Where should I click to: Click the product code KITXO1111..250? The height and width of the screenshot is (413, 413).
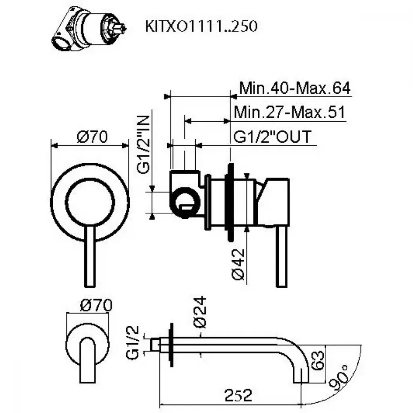click(x=201, y=26)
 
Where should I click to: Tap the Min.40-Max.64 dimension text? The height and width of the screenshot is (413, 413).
click(x=295, y=88)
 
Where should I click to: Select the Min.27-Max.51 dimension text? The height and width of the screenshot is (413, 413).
click(x=290, y=112)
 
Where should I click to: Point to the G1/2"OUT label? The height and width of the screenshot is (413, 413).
click(x=272, y=136)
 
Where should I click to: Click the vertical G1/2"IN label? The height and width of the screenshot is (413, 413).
click(x=144, y=144)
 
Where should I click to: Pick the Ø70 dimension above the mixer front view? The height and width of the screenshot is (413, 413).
click(x=92, y=137)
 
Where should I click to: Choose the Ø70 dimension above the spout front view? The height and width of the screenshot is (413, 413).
click(x=96, y=305)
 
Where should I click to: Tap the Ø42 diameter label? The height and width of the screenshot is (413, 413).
click(x=238, y=264)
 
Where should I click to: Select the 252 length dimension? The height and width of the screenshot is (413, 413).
click(x=238, y=395)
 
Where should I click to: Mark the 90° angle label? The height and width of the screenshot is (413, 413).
click(x=340, y=378)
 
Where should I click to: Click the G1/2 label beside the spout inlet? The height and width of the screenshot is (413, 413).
click(x=132, y=342)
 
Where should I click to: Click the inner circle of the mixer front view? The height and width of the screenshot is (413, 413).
click(x=90, y=202)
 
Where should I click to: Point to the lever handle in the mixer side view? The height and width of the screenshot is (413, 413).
click(x=282, y=256)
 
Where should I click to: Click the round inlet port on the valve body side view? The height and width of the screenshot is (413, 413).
click(x=185, y=202)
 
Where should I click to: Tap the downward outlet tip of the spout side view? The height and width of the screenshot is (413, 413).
click(x=301, y=378)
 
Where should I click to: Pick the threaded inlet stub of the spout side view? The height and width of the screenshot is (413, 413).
click(x=155, y=345)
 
